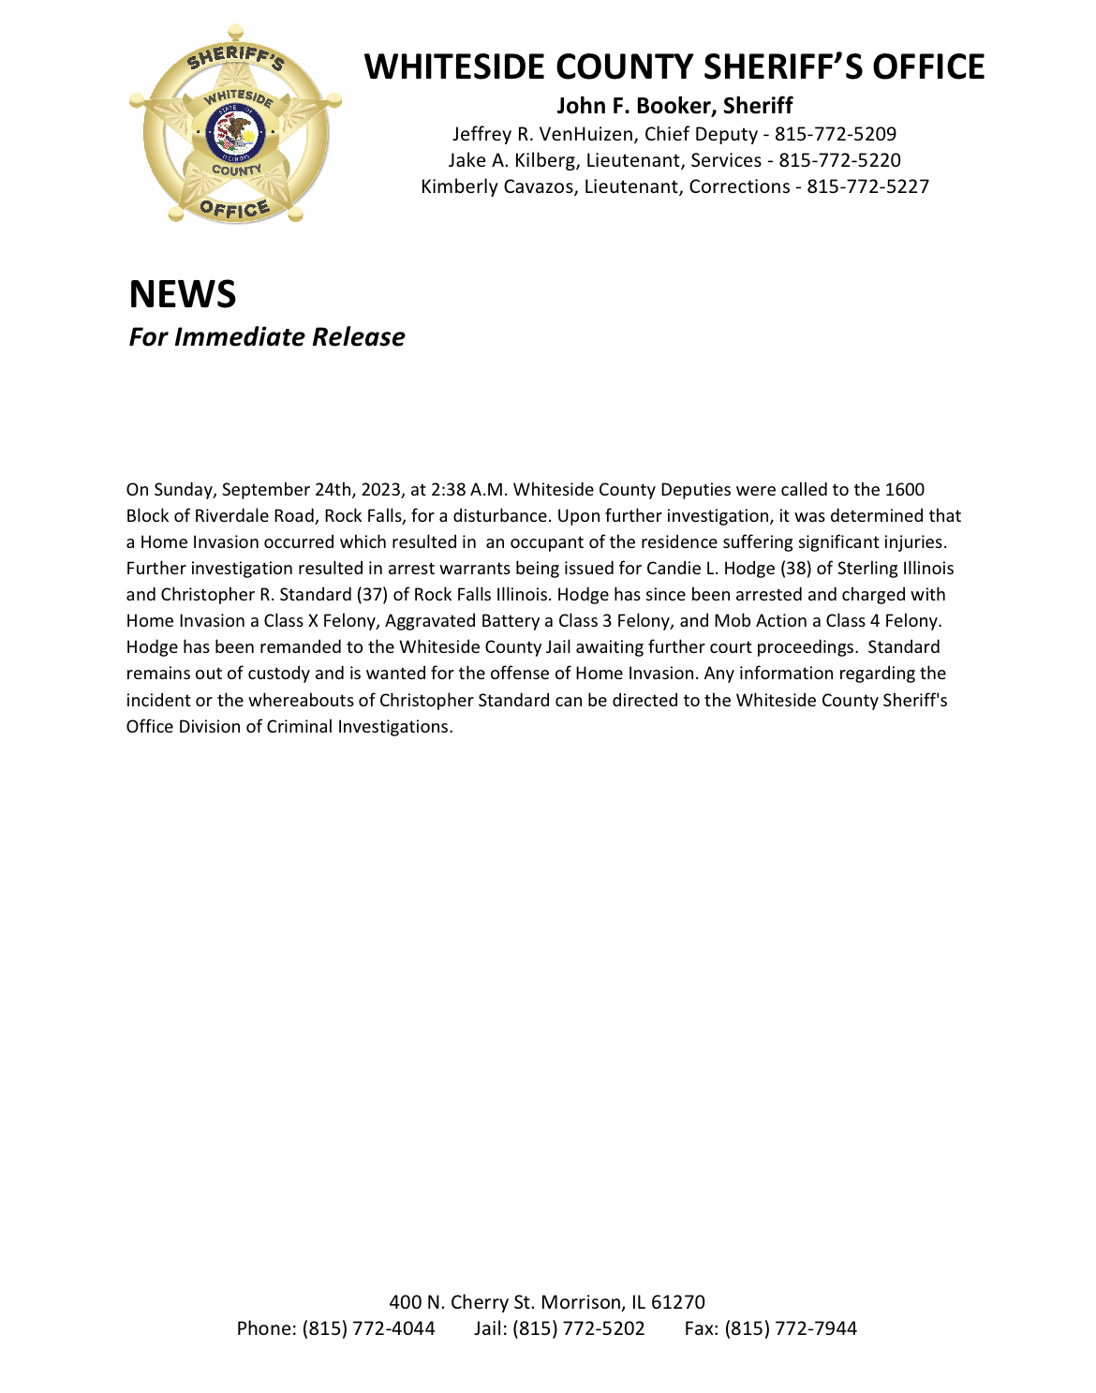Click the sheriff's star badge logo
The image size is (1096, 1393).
(x=235, y=125)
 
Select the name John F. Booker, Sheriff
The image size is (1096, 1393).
(x=674, y=106)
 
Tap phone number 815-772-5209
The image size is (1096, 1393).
(x=835, y=135)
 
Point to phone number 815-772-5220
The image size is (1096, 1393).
(x=839, y=161)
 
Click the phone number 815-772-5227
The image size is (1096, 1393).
(x=867, y=187)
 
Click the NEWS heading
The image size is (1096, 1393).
(x=183, y=294)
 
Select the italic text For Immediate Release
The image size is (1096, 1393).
(x=267, y=337)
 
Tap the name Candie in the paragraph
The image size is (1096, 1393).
(x=674, y=569)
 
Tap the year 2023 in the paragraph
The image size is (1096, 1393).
(x=380, y=490)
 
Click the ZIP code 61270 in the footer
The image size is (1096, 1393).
(x=678, y=1302)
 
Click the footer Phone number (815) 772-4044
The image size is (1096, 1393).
(x=368, y=1328)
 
